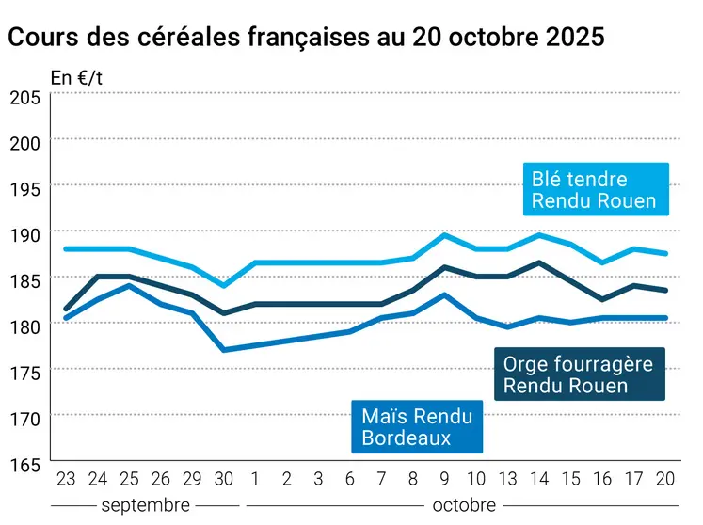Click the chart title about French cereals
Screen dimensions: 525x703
pyautogui.click(x=306, y=38)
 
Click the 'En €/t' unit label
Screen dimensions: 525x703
pyautogui.click(x=76, y=78)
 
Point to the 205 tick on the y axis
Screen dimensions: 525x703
pyautogui.click(x=24, y=97)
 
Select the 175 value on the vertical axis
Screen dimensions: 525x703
pyautogui.click(x=24, y=373)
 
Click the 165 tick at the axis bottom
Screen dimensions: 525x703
pyautogui.click(x=24, y=464)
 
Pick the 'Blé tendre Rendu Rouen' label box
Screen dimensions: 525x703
pyautogui.click(x=594, y=189)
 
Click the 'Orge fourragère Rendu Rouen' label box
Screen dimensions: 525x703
pyautogui.click(x=579, y=374)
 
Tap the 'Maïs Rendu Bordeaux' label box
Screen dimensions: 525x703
pyautogui.click(x=417, y=425)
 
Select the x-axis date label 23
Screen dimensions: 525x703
pyautogui.click(x=66, y=480)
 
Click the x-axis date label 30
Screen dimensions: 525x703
pyautogui.click(x=223, y=480)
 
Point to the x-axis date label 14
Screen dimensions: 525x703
pyautogui.click(x=539, y=480)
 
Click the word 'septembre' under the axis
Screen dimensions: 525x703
pyautogui.click(x=145, y=505)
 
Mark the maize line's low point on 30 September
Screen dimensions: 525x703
pyautogui.click(x=223, y=350)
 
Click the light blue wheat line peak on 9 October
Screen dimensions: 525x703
pyautogui.click(x=444, y=235)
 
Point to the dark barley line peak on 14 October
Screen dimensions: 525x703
pyautogui.click(x=539, y=262)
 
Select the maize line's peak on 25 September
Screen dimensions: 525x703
pyautogui.click(x=129, y=286)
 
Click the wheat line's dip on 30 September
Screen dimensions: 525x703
pyautogui.click(x=223, y=285)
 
